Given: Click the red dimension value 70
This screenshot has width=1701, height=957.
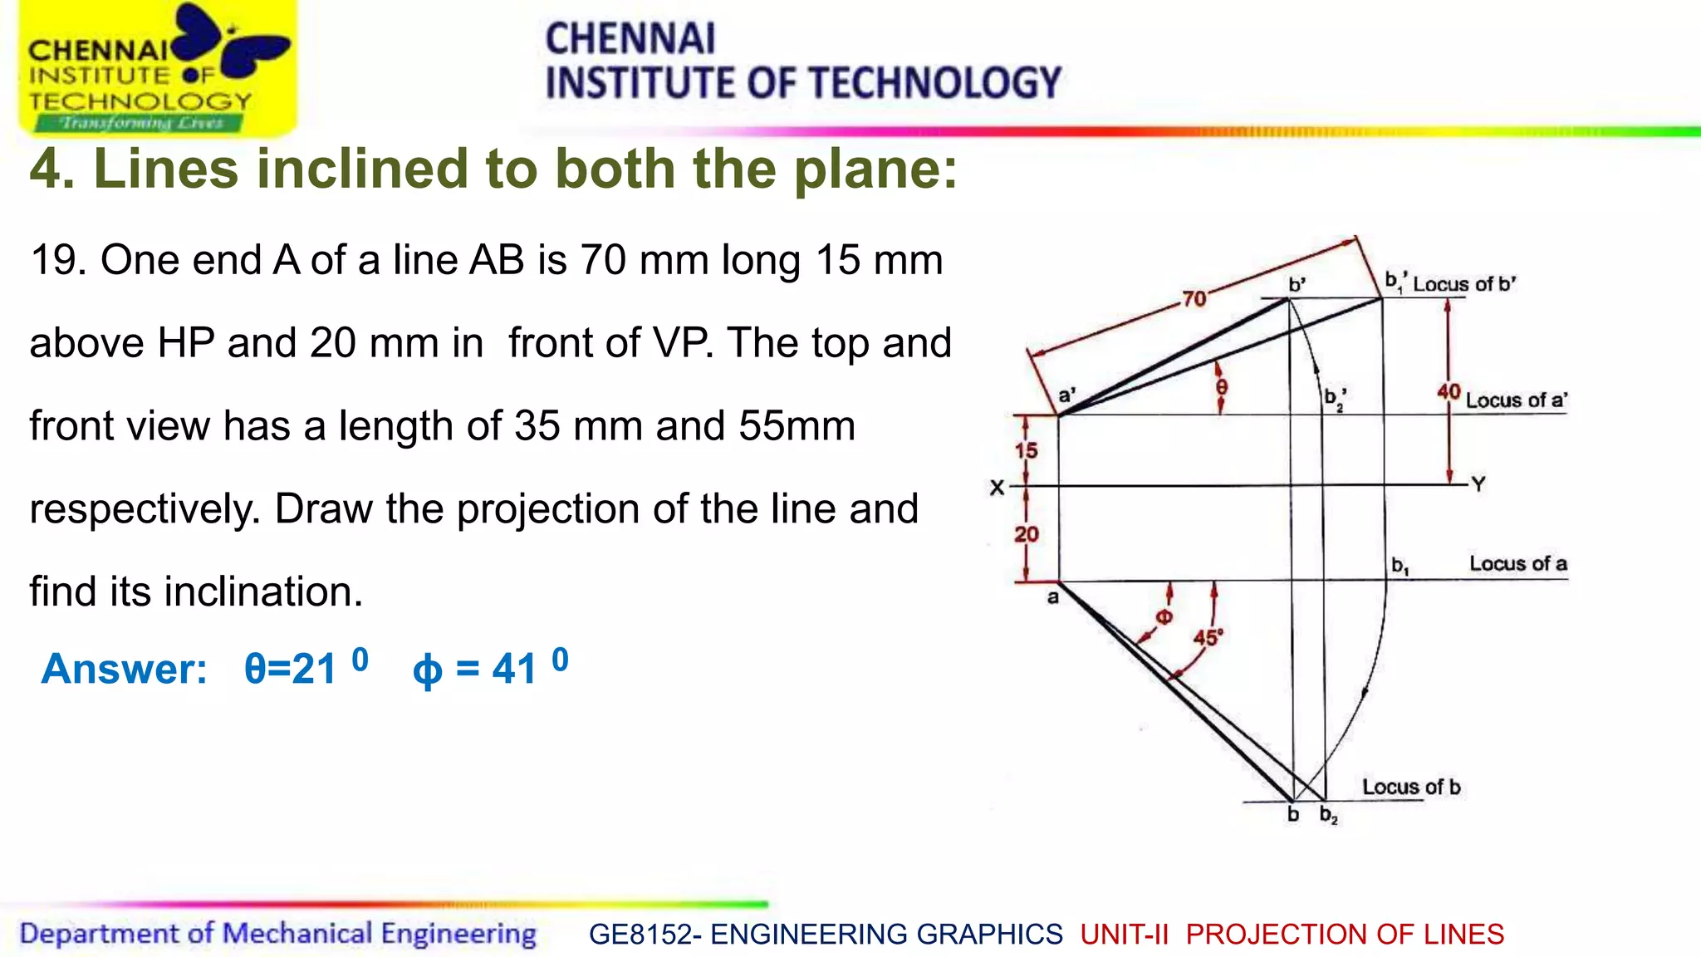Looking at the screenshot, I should pyautogui.click(x=1194, y=298).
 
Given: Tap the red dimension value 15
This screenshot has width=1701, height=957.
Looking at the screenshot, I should pyautogui.click(x=1027, y=450).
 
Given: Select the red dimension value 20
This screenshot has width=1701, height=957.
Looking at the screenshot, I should pyautogui.click(x=1027, y=534).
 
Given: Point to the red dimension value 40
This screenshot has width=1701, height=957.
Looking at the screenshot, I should pyautogui.click(x=1449, y=391).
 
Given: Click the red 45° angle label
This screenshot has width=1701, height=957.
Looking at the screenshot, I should pyautogui.click(x=1208, y=637).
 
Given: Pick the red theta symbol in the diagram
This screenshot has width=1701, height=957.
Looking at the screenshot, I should pyautogui.click(x=1221, y=387).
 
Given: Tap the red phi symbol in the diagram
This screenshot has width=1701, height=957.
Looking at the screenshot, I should pyautogui.click(x=1164, y=616).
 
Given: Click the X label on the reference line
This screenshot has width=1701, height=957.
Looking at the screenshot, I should pyautogui.click(x=997, y=488).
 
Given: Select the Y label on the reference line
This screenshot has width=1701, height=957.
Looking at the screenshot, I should pyautogui.click(x=1478, y=483).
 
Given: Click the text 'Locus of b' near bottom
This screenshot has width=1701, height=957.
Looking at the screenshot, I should pyautogui.click(x=1410, y=787).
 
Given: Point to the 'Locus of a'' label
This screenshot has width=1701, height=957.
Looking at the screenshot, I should pyautogui.click(x=1516, y=400).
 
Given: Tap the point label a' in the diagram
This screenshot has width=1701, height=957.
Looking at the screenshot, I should pyautogui.click(x=1066, y=395).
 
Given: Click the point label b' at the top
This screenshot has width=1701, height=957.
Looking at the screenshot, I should pyautogui.click(x=1297, y=284).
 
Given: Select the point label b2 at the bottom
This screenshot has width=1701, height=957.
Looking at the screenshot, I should pyautogui.click(x=1329, y=815).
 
